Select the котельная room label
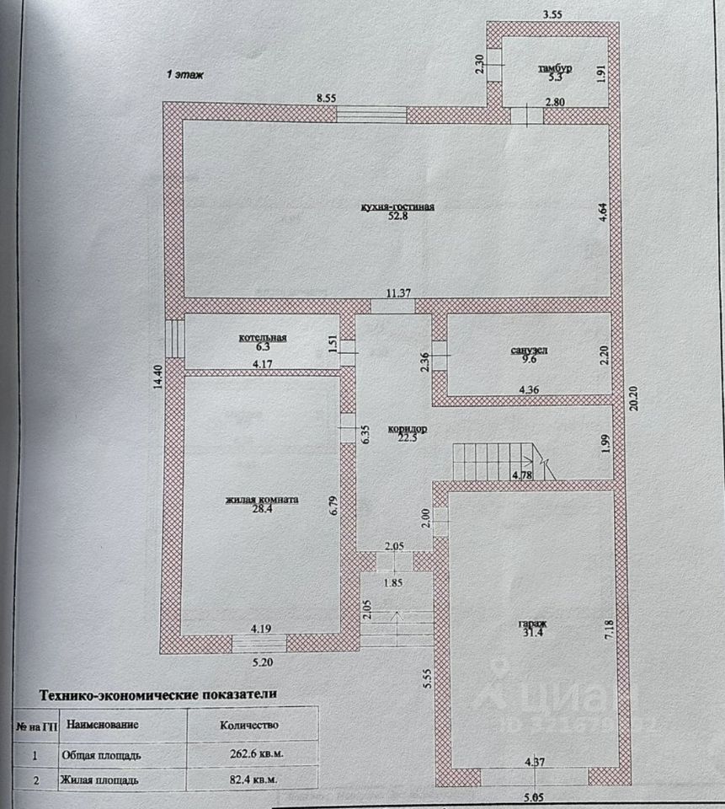[x=263, y=338]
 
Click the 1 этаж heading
[x=184, y=75]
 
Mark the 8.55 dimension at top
[x=327, y=99]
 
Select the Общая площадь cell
[x=99, y=756]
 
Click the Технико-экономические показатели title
[x=158, y=695]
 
